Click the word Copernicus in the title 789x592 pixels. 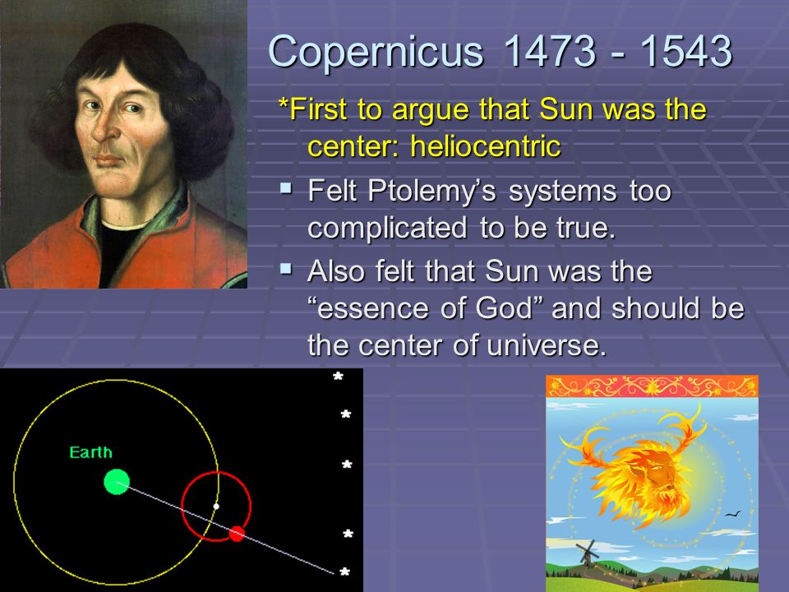(376, 52)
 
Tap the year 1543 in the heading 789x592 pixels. (686, 50)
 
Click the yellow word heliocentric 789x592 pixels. (485, 146)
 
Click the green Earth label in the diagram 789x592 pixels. (90, 452)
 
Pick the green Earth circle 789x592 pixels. (117, 482)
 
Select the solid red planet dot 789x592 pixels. (237, 533)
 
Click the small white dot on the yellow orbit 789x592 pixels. (216, 506)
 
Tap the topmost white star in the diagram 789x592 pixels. (338, 376)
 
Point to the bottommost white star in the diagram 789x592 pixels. (344, 572)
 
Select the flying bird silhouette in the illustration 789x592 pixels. (733, 514)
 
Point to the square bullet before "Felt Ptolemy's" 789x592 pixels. (286, 188)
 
